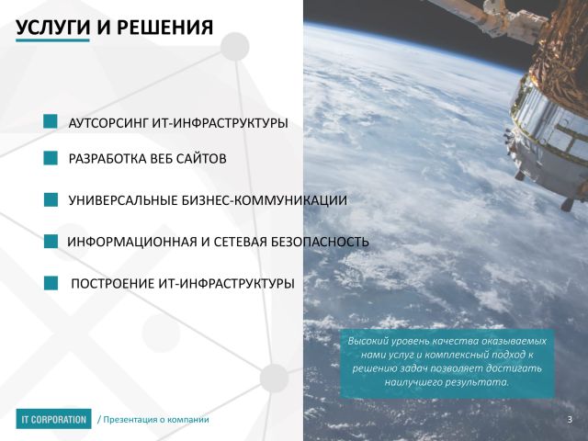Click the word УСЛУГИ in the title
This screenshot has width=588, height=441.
[53, 28]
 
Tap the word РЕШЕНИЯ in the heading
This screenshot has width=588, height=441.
[165, 28]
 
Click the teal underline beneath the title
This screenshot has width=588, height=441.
[52, 40]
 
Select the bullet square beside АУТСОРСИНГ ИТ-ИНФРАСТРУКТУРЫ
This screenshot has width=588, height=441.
[51, 121]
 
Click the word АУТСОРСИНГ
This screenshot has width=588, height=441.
[108, 123]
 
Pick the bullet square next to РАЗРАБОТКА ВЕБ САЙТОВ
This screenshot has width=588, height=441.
[51, 158]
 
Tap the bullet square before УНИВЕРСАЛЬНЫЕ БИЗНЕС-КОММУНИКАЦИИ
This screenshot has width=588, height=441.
[51, 200]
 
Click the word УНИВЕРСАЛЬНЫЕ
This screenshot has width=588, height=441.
[123, 200]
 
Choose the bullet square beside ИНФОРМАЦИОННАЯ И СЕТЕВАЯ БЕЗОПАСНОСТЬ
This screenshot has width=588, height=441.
[51, 241]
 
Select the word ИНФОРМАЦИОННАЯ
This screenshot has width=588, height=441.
[132, 242]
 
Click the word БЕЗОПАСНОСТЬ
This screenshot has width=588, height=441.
[320, 242]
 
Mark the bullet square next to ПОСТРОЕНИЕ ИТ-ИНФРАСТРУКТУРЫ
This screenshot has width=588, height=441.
[51, 283]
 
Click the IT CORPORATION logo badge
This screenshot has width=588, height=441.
[53, 419]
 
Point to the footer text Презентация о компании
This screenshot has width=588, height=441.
[156, 419]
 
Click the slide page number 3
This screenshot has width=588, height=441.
[570, 419]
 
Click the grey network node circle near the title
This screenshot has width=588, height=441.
[235, 47]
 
